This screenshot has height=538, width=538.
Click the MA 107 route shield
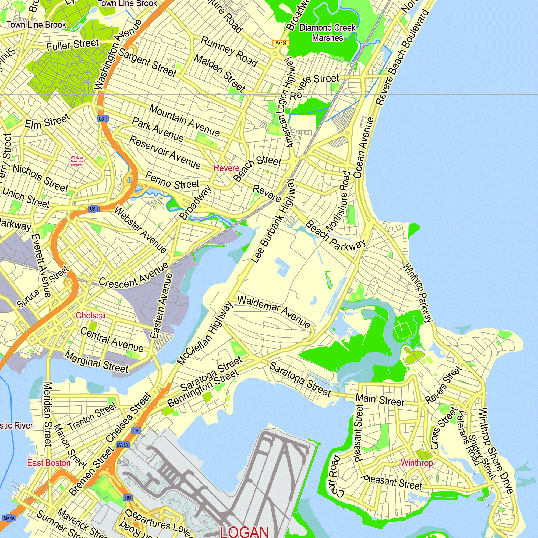click(281, 43)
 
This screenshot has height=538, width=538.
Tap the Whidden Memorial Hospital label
click(77, 161)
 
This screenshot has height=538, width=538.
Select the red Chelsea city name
click(90, 316)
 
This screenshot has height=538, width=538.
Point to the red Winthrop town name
click(417, 463)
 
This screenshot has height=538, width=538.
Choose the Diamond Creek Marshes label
click(327, 33)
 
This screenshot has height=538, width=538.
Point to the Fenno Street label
click(172, 181)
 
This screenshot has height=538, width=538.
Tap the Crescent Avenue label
click(134, 275)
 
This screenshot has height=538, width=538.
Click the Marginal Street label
click(97, 362)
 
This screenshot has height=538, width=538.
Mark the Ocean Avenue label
click(363, 148)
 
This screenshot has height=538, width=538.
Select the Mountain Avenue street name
click(184, 121)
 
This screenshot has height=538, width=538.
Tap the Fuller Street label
click(73, 45)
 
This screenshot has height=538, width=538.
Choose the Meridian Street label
click(48, 414)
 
